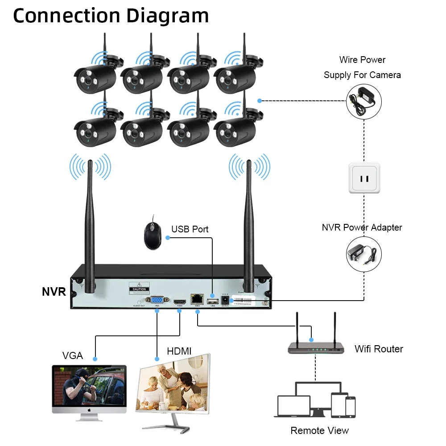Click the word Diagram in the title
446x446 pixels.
pyautogui.click(x=168, y=16)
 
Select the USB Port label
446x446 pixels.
pyautogui.click(x=190, y=229)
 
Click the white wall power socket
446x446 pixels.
pyautogui.click(x=364, y=178)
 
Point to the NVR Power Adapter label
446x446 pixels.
pyautogui.click(x=362, y=227)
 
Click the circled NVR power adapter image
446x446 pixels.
pyautogui.click(x=364, y=255)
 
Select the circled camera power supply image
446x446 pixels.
pyautogui.click(x=364, y=101)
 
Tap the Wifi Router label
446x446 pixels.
pyautogui.click(x=379, y=349)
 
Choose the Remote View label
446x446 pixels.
pyautogui.click(x=319, y=430)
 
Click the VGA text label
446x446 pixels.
pyautogui.click(x=72, y=355)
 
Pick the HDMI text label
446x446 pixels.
pyautogui.click(x=179, y=351)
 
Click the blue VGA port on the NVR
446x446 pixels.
pyautogui.click(x=157, y=300)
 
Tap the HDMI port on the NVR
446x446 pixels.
pyautogui.click(x=180, y=301)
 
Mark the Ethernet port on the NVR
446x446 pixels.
pyautogui.click(x=196, y=300)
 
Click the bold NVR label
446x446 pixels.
pyautogui.click(x=54, y=292)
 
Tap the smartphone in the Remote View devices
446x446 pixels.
pyautogui.click(x=351, y=407)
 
